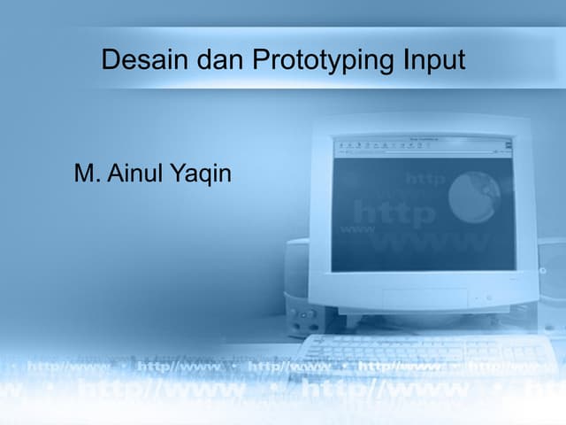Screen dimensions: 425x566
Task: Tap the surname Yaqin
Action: click(203, 174)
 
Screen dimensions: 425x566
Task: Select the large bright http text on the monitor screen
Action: click(394, 213)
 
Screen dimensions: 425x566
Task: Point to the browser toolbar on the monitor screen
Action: click(423, 145)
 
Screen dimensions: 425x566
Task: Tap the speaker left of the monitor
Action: click(299, 283)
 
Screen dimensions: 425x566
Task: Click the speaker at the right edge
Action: click(553, 283)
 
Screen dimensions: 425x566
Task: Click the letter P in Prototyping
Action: click(259, 60)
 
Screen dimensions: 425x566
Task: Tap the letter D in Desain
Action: click(111, 60)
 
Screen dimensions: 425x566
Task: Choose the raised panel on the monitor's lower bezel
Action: click(424, 298)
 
